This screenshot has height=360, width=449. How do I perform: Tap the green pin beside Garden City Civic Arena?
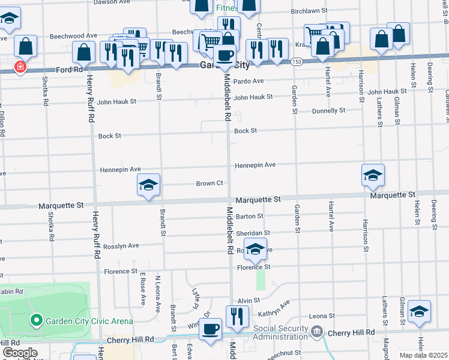point(37,320)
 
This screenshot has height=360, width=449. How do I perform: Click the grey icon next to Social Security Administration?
point(317,331)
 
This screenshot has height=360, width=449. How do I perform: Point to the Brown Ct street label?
point(209,184)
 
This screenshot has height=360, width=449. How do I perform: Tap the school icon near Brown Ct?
point(148,185)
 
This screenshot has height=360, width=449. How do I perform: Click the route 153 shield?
point(296,62)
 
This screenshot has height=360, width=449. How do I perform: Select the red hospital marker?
point(20,67)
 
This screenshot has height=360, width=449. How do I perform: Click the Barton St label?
point(250,216)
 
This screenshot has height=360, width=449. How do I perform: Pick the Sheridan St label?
point(253,233)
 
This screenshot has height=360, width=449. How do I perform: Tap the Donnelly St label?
point(329,110)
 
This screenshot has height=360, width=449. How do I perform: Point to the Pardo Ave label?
point(249,81)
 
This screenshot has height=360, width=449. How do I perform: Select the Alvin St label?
point(248,300)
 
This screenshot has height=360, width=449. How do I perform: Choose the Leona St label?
point(322,316)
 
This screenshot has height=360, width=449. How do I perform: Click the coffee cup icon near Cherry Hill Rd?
point(210,329)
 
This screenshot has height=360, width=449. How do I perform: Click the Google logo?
point(20,353)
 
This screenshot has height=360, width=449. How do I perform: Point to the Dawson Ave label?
point(112,2)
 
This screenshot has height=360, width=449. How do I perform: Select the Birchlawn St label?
point(309,11)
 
